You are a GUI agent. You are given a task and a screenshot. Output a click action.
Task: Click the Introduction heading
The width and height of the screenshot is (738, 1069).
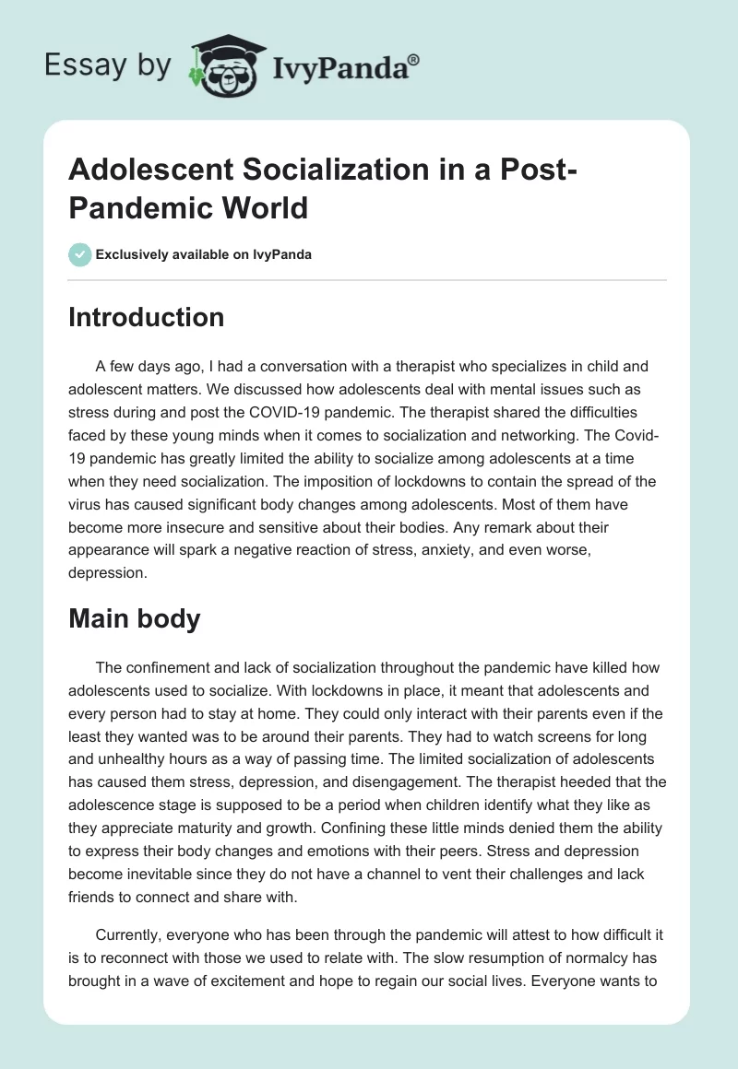(147, 317)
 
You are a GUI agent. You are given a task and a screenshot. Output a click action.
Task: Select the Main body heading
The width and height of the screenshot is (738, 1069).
(135, 618)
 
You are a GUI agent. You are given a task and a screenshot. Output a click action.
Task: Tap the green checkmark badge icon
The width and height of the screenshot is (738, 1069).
(80, 254)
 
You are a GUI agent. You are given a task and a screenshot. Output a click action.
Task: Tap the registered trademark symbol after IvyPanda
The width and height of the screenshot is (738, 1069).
(414, 59)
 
